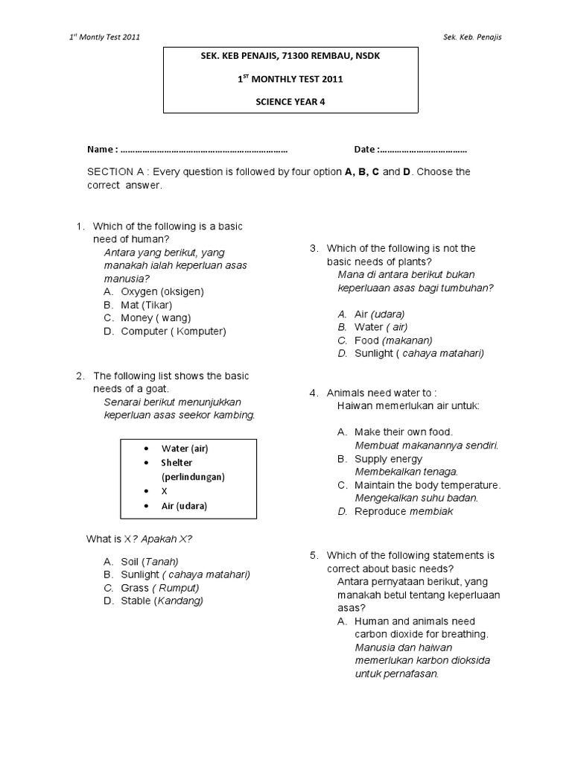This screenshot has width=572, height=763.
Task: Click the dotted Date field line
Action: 425,149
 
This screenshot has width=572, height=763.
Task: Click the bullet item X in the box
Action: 165,492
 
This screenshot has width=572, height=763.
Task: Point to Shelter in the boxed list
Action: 177,463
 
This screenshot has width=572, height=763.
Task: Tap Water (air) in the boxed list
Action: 185,449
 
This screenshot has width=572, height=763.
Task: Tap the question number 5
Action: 314,556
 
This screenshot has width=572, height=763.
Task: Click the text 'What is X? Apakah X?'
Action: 144,539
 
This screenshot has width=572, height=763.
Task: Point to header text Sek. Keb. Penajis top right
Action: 471,37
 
